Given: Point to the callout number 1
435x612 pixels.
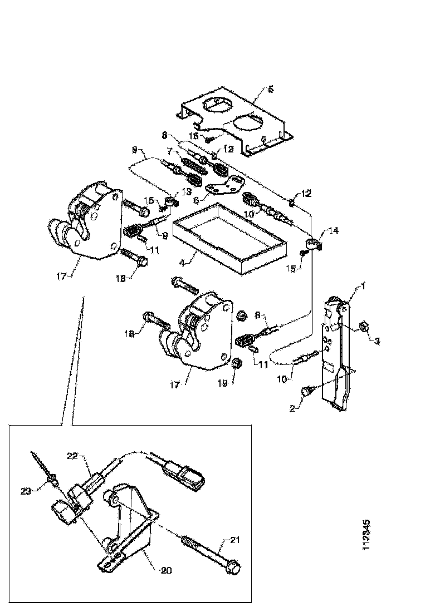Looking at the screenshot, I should (x=363, y=286).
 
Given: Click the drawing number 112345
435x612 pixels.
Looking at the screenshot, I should (x=366, y=535).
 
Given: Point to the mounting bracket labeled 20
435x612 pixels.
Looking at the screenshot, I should (x=131, y=529).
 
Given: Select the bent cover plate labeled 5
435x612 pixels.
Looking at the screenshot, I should (x=234, y=120).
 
